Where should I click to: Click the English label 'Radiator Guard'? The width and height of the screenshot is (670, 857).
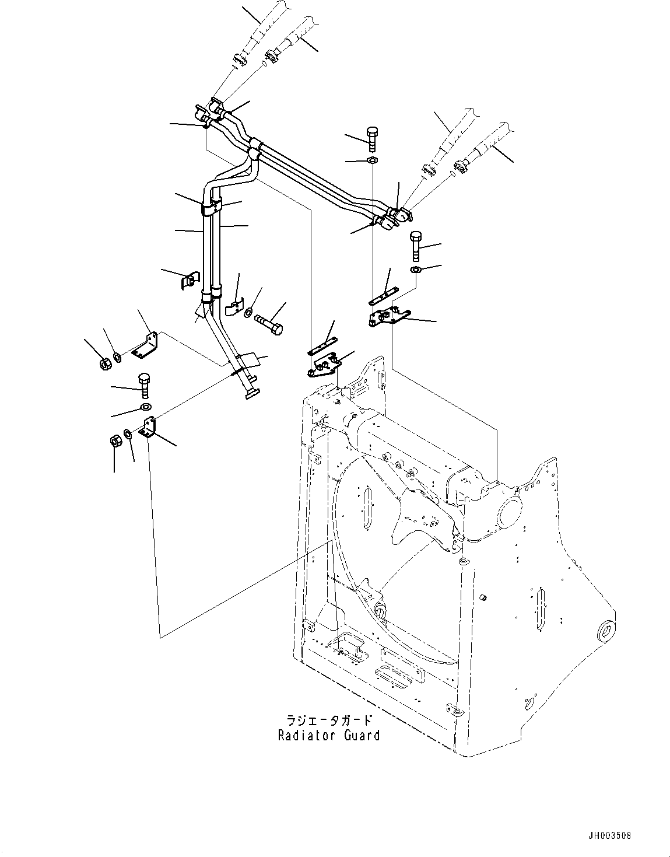click(x=329, y=735)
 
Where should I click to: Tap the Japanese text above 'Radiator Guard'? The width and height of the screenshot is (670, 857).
click(x=329, y=721)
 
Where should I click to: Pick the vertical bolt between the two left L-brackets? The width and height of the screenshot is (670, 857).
click(x=144, y=384)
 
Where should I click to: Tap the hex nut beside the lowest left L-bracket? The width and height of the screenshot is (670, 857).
click(x=116, y=440)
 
